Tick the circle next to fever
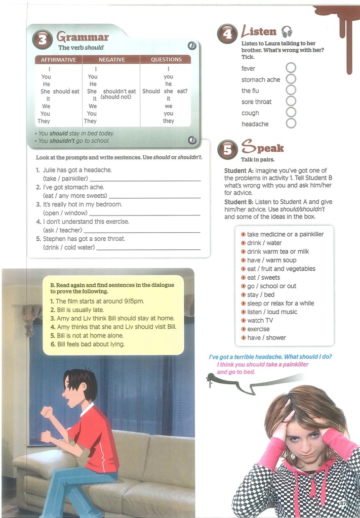291,68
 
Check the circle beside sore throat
291,101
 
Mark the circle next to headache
291,123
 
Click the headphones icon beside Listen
287,32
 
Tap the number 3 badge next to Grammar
42,40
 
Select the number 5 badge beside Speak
227,149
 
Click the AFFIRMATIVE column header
58,60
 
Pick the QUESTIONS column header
166,60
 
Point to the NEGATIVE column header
111,60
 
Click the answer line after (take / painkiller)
145,180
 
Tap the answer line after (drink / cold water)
148,249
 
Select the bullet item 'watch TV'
260,320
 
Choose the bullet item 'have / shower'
266,337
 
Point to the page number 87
343,503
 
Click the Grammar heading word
83,37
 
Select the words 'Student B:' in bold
239,202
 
